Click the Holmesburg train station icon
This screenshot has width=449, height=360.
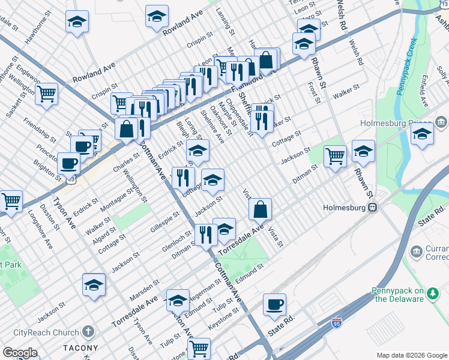(373, 208)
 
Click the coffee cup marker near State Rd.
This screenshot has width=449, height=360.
(274, 304)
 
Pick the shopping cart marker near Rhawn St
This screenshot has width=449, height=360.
(335, 157)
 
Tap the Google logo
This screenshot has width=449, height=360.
(20, 353)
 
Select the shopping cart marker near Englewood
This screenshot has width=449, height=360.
(46, 94)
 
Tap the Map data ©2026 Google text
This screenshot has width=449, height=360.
(411, 355)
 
